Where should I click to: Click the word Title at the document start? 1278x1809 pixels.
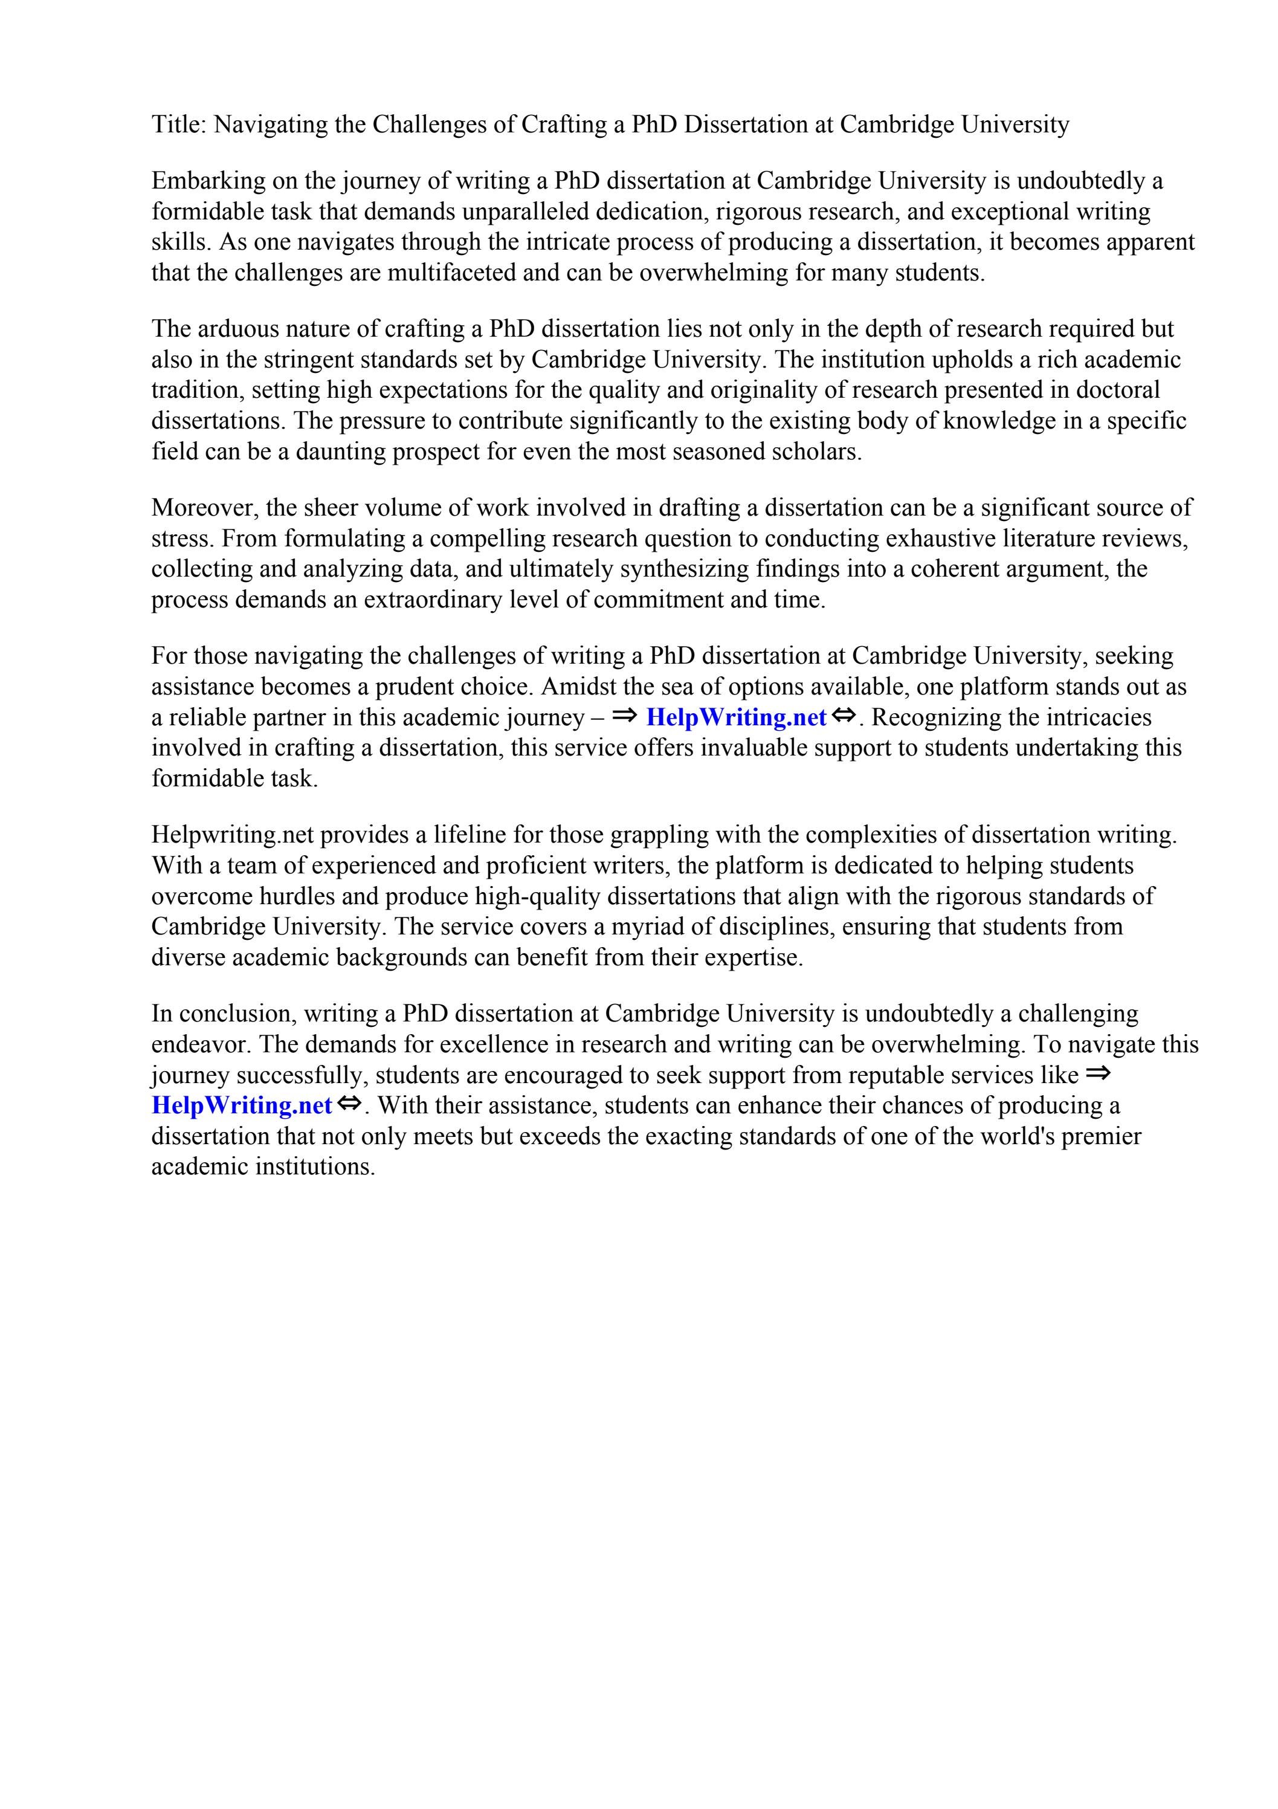coord(176,125)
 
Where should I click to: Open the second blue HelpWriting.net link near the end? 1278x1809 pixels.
coord(241,1105)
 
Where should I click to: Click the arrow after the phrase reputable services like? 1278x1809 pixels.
coord(1097,1072)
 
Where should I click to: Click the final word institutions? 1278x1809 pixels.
coord(315,1167)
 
